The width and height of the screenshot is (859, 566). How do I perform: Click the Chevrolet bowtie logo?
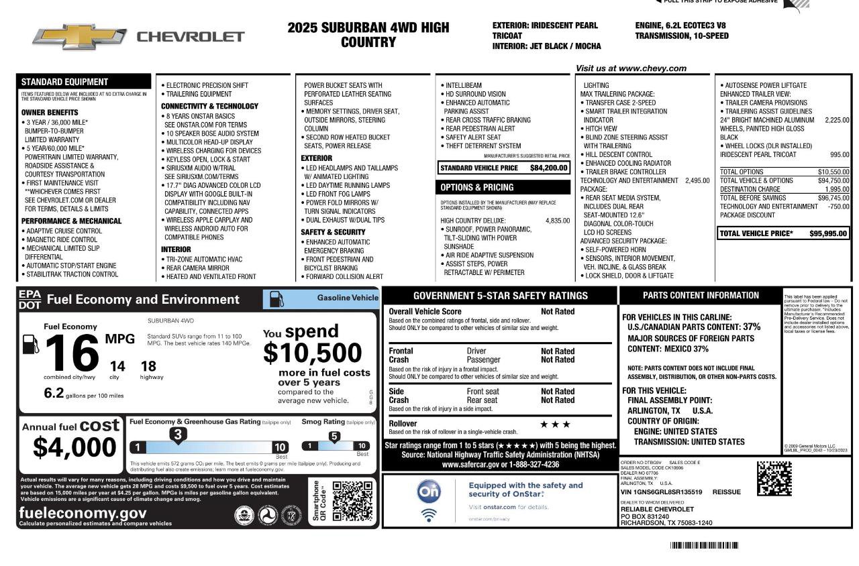(x=79, y=36)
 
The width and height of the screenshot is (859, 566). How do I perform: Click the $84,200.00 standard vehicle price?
(x=548, y=168)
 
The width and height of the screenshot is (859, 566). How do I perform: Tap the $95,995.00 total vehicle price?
(x=827, y=233)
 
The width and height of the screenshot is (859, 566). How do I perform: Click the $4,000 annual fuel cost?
(x=74, y=447)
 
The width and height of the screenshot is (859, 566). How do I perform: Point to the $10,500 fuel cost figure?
(x=312, y=353)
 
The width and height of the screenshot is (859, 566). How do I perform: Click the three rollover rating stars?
(x=555, y=424)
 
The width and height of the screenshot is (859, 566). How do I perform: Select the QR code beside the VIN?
(x=774, y=479)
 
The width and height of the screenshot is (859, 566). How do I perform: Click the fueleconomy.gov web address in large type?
(x=83, y=513)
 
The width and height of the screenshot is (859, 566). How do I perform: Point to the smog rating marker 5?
(x=334, y=437)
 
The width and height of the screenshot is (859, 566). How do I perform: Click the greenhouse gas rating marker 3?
(x=178, y=435)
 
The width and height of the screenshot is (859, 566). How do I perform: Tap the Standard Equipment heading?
(x=64, y=82)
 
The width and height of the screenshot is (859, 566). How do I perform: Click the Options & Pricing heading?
(x=477, y=188)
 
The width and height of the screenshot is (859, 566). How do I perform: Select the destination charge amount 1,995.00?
(x=836, y=189)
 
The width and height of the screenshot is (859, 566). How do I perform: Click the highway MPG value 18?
(x=148, y=366)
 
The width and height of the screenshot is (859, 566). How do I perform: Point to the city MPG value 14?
(x=117, y=366)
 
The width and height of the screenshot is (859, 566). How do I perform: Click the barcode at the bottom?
(x=704, y=546)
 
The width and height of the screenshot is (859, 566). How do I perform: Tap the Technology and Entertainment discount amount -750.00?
(x=838, y=207)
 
